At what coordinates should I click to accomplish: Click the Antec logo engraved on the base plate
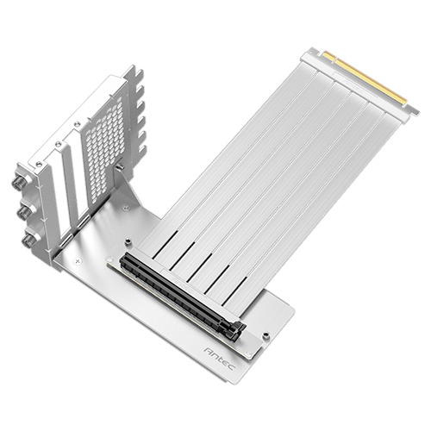(x=220, y=359)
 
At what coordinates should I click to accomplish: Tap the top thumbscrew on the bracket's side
(x=18, y=181)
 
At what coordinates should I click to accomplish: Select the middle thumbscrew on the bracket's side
(x=24, y=213)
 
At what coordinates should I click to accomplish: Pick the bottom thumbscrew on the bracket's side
(x=28, y=240)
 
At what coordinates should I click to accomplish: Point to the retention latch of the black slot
(x=236, y=333)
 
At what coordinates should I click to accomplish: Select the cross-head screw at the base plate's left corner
(x=77, y=261)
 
